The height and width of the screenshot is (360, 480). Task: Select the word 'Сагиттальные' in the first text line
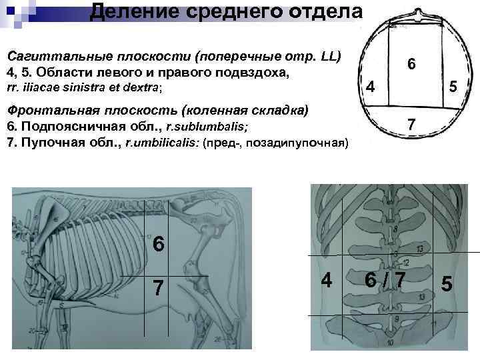pos(50,55)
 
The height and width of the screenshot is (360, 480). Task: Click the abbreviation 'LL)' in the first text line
pos(327,55)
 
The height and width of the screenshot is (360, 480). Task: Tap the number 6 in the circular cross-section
pos(412,64)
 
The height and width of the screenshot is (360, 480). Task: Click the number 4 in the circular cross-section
pos(372,87)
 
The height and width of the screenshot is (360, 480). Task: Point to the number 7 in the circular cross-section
pos(412,125)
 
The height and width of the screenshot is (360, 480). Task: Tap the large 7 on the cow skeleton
pos(159,288)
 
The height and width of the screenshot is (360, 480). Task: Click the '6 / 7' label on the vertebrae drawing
pos(385,279)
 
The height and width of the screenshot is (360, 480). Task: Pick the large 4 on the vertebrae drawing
pos(327,279)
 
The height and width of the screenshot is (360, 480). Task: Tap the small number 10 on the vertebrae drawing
pos(390,342)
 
